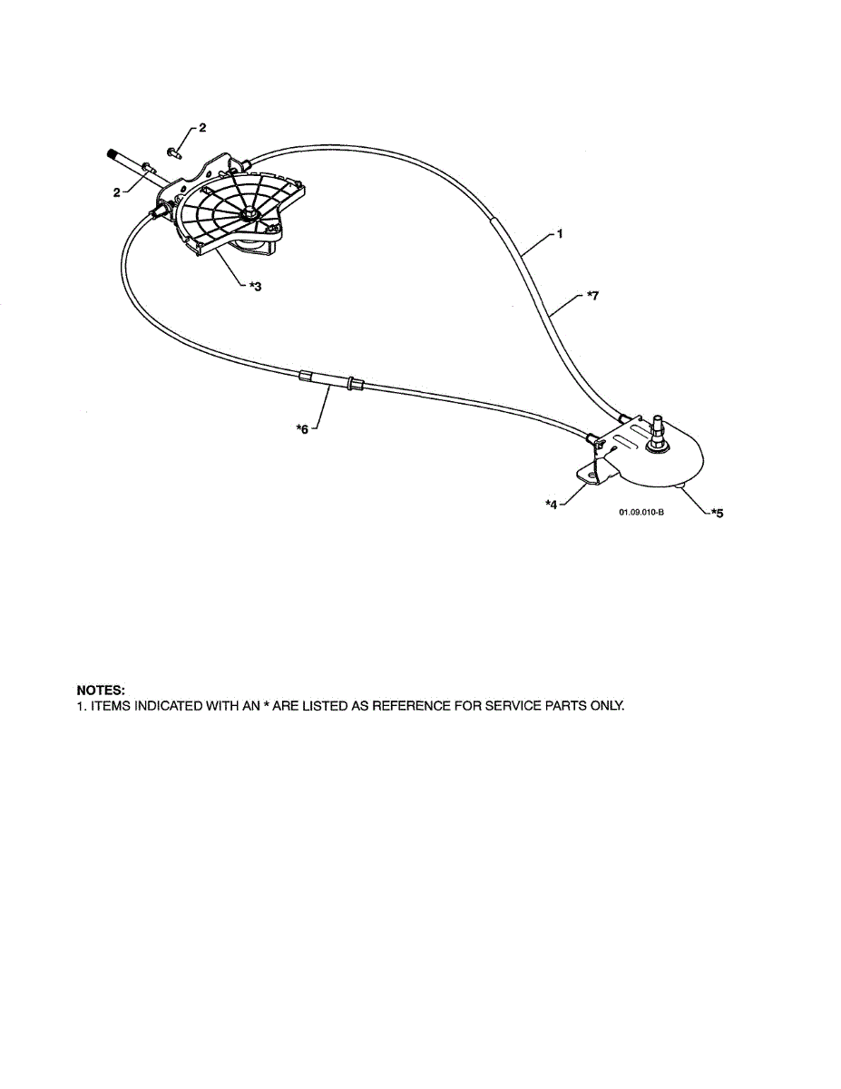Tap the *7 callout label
click(592, 295)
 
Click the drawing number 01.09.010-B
click(641, 513)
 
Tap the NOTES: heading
click(101, 692)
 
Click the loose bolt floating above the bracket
click(175, 148)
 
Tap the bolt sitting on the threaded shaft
click(148, 168)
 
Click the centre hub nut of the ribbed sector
click(249, 215)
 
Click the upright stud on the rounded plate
click(659, 427)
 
